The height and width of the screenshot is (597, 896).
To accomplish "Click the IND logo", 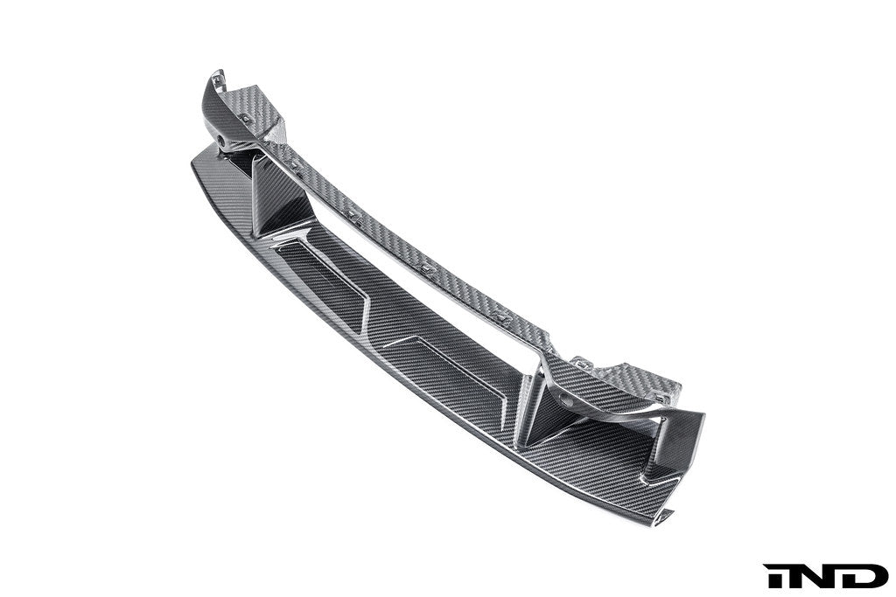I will tap(825, 576).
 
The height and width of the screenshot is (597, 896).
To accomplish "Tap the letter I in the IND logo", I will tap(773, 576).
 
